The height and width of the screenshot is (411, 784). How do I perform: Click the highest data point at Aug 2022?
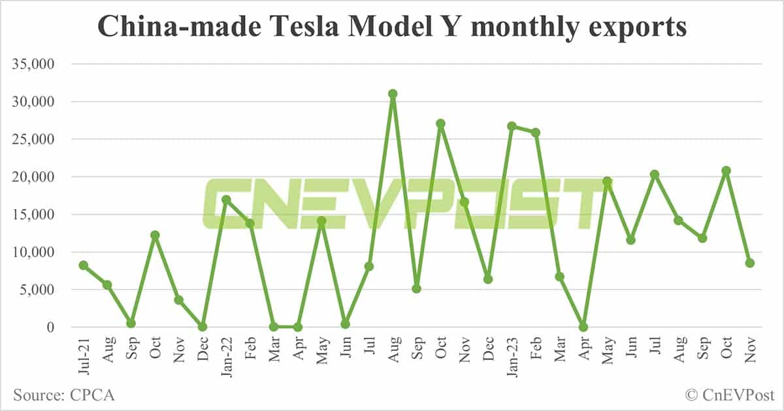[393, 93]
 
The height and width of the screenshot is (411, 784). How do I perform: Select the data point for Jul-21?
[84, 265]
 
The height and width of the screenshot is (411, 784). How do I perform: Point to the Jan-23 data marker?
[512, 126]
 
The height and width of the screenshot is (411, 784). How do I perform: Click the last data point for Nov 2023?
[750, 263]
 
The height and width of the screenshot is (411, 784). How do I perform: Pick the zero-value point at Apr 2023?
[583, 327]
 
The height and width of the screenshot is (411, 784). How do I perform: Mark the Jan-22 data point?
[226, 199]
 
